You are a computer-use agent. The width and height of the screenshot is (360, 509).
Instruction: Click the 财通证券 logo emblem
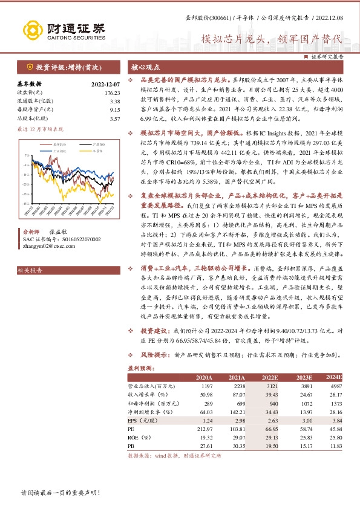point(30,29)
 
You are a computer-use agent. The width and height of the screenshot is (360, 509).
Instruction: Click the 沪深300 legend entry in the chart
point(81,145)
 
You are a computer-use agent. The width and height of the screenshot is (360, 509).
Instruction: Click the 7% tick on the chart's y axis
point(25,155)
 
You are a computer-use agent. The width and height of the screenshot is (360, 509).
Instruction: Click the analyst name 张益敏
point(57,232)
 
